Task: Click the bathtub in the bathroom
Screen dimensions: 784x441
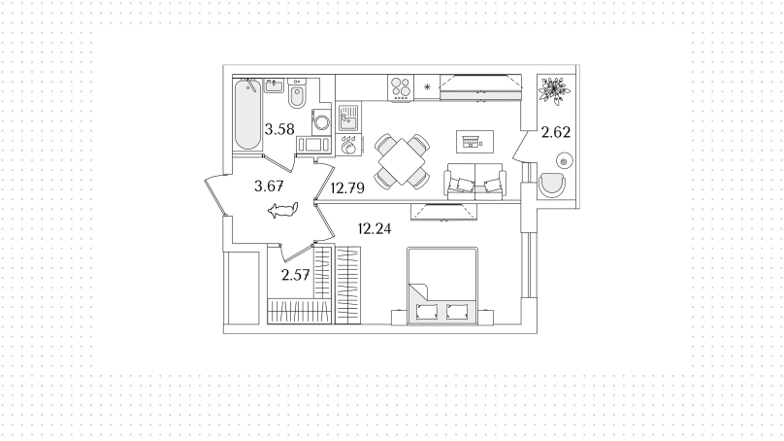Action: (x=247, y=114)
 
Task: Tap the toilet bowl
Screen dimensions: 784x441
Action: (x=297, y=93)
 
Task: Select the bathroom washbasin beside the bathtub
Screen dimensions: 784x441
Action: (x=274, y=85)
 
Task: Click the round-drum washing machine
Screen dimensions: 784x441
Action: (x=321, y=122)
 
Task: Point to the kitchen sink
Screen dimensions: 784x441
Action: (x=348, y=118)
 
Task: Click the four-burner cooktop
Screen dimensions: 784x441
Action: (x=401, y=87)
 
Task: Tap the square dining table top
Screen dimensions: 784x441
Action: (x=402, y=161)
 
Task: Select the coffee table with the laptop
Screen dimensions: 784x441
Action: (x=474, y=142)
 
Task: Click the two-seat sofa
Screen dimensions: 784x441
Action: (x=474, y=182)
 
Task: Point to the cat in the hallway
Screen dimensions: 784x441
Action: (x=283, y=210)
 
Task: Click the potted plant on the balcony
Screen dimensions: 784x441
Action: (x=554, y=90)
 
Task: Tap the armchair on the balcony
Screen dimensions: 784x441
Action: (x=552, y=185)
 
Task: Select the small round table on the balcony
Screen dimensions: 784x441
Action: (x=564, y=161)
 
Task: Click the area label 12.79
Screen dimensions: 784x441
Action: (x=347, y=188)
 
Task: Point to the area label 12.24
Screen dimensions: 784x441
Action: (x=375, y=229)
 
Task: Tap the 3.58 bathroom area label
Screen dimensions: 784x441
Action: (x=279, y=129)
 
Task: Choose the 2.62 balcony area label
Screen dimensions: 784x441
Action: (x=556, y=132)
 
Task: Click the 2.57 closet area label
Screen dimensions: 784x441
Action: (x=296, y=275)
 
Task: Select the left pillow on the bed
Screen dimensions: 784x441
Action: (x=427, y=312)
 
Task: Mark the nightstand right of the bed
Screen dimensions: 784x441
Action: (x=485, y=317)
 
